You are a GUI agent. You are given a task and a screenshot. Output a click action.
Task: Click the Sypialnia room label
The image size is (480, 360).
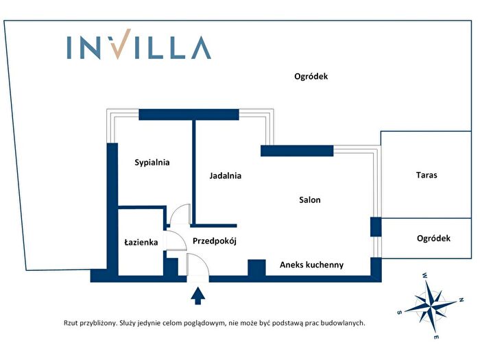point(152,163)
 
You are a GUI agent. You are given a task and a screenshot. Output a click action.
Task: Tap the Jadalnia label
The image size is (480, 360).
point(226,176)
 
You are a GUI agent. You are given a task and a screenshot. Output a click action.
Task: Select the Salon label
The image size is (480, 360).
point(310,200)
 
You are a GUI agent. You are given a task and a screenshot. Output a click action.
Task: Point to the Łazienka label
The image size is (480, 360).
point(141,243)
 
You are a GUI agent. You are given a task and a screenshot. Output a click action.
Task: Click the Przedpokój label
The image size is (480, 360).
point(214,241)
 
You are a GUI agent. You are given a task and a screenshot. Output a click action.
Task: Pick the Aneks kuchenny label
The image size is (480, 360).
point(311,265)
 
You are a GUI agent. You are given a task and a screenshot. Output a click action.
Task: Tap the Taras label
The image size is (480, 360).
point(427,175)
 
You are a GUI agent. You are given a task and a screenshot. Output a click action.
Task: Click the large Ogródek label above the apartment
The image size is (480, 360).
point(311,76)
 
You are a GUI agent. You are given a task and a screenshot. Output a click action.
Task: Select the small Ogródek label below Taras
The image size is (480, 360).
point(433,238)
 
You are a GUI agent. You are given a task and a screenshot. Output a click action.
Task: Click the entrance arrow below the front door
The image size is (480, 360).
point(198,296)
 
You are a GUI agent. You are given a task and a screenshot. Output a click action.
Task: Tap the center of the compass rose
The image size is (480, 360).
point(431,304)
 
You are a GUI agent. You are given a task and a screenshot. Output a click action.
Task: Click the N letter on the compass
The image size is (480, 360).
point(461,300)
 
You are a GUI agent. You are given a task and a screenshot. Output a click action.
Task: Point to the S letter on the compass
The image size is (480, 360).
point(399,313)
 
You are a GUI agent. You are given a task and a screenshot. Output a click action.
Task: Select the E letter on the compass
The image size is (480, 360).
point(437,337)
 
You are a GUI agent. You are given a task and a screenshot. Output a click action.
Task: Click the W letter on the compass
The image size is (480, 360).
point(425,275)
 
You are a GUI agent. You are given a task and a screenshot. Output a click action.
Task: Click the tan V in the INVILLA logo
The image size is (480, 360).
point(121,44)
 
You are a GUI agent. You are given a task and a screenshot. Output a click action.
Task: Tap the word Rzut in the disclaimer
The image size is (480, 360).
point(71,323)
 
